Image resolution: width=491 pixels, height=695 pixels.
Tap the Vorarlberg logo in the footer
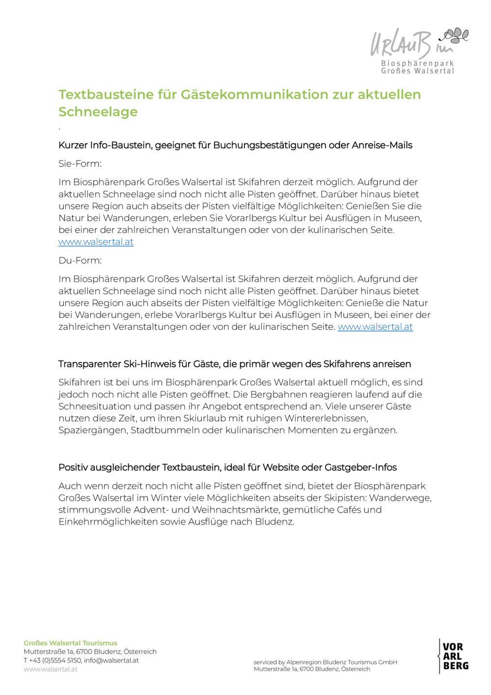[455, 656]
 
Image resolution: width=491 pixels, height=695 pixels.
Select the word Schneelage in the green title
[98, 112]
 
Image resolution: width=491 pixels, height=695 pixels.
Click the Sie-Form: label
[80, 164]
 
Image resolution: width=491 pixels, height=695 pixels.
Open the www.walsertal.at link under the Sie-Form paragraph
[96, 242]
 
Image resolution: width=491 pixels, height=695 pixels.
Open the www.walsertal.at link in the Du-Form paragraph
[375, 327]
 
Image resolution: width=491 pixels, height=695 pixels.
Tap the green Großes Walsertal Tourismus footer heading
[70, 643]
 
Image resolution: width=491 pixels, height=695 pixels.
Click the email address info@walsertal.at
[111, 660]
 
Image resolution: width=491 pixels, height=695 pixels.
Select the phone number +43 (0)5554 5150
[55, 660]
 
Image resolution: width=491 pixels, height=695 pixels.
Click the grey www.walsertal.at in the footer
[50, 669]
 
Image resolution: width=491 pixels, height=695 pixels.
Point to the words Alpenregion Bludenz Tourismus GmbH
[342, 662]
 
